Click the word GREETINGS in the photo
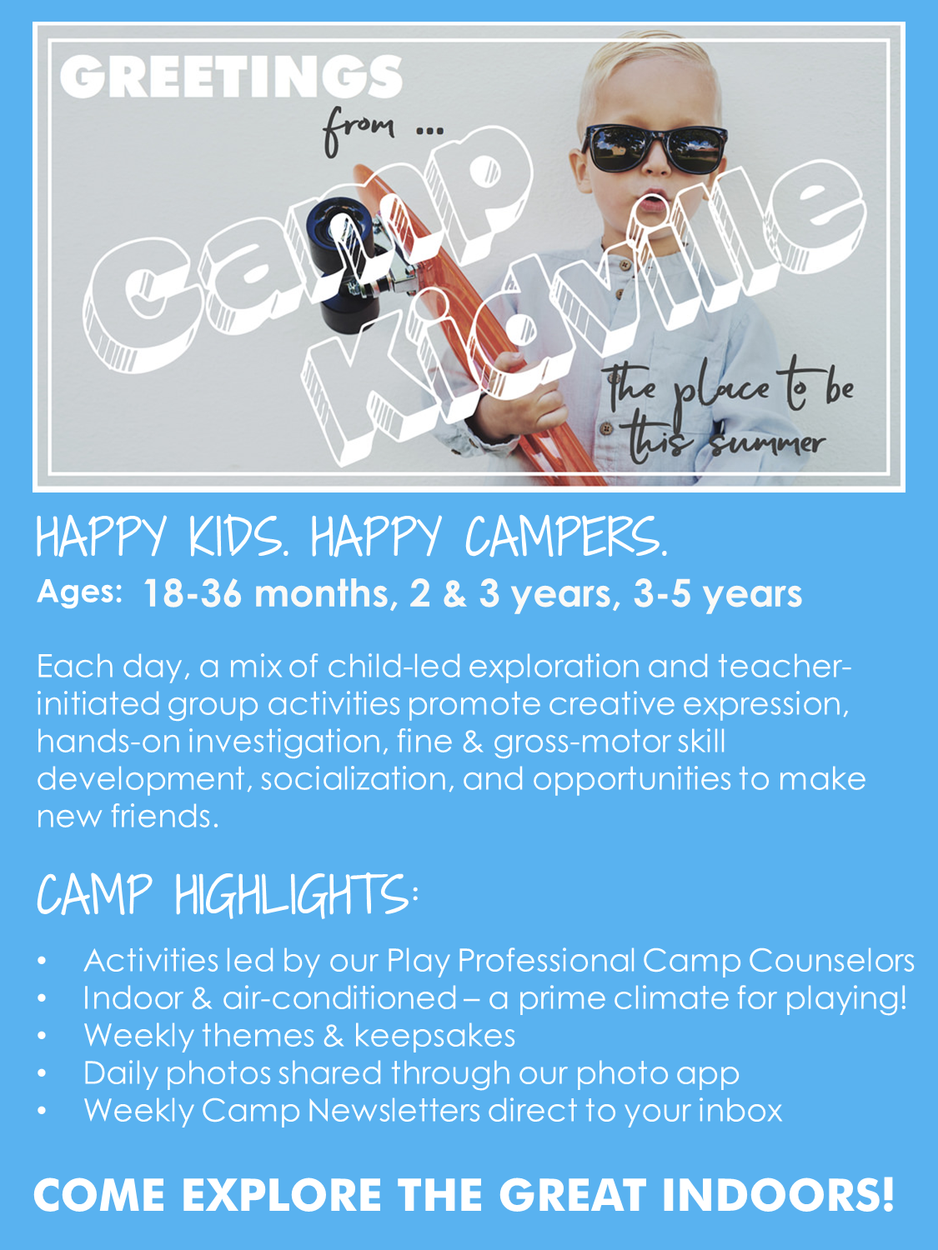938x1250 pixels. click(231, 77)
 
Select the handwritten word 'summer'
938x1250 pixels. click(767, 443)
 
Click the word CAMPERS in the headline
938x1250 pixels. click(567, 537)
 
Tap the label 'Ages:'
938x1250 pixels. click(79, 593)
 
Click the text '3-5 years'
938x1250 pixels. click(718, 595)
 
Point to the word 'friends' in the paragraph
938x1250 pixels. click(164, 816)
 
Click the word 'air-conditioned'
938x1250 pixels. click(340, 998)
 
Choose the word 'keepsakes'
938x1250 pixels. click(434, 1035)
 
